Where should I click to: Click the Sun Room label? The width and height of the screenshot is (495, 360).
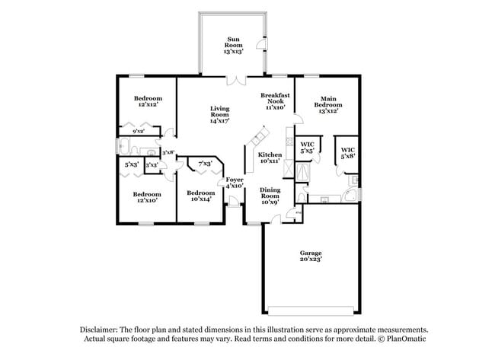233,46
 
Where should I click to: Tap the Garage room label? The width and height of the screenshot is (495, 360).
311,256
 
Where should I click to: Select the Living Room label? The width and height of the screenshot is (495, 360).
220,114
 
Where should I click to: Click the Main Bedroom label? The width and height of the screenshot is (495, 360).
328,104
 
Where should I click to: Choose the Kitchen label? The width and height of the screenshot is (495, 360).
270,158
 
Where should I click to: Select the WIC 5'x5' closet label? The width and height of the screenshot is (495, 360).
308,148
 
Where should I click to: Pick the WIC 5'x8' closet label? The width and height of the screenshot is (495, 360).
348,152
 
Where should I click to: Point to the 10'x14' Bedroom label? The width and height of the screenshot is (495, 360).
201,196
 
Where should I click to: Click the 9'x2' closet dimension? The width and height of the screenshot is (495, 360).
139,132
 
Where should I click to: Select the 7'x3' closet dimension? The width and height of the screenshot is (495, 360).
204,164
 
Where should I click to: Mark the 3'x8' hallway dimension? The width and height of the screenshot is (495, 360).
169,152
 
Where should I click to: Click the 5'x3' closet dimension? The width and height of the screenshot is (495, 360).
131,164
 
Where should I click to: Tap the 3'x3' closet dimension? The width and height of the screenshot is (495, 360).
152,164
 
